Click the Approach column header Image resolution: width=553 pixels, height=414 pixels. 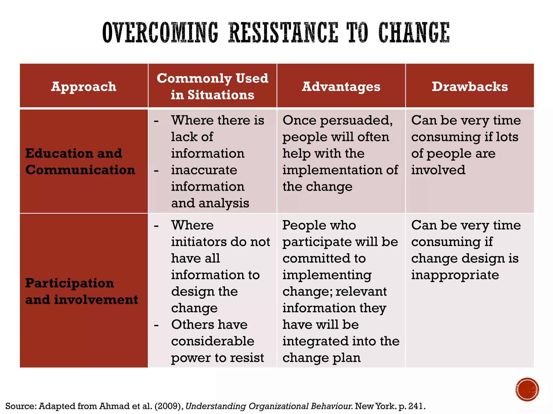click(84, 87)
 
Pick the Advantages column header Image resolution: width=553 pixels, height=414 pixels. click(341, 87)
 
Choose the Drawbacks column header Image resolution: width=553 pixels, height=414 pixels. click(470, 87)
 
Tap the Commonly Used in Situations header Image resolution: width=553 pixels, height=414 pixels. click(213, 86)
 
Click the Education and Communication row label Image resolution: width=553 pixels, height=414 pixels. click(80, 161)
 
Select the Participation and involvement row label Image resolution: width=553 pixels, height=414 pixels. click(82, 291)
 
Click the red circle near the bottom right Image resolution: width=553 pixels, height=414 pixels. click(527, 389)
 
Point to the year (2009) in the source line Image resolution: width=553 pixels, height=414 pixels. click(169, 406)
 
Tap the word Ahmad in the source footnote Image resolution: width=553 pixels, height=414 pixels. click(112, 406)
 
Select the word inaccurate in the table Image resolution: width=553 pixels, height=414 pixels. click(204, 170)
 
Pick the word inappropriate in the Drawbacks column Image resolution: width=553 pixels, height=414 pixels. click(455, 275)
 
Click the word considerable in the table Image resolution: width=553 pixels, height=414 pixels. click(213, 341)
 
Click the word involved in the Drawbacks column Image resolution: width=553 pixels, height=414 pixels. click(438, 170)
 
